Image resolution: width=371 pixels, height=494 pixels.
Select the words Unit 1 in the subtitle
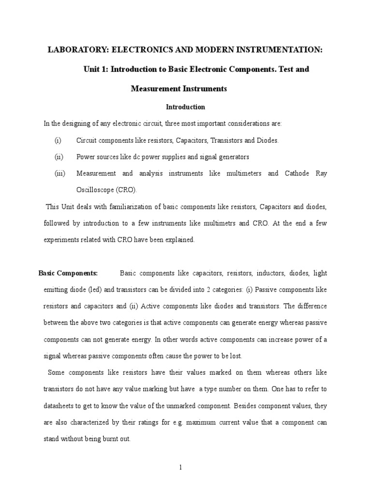tap(96, 69)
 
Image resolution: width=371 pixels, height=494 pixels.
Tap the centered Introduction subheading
tap(185, 107)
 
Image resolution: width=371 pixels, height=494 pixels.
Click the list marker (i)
tap(58, 140)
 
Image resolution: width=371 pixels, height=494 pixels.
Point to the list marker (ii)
tap(58, 157)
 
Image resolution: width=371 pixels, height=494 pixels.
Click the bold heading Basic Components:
tap(68, 274)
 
